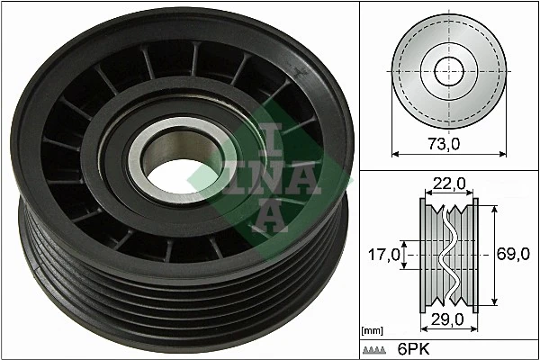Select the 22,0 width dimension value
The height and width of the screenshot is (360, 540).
pyautogui.click(x=447, y=184)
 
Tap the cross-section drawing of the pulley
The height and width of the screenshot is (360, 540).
pyautogui.click(x=447, y=255)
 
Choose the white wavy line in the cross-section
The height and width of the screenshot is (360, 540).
pyautogui.click(x=447, y=255)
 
